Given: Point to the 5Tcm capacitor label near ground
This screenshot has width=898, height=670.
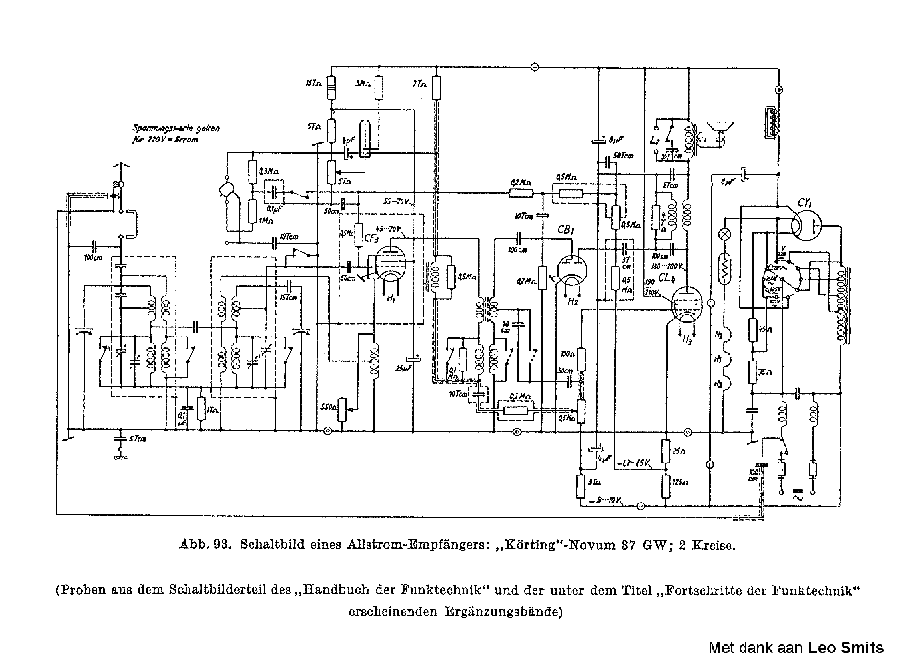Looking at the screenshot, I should (x=138, y=439).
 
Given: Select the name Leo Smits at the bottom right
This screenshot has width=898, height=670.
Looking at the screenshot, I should (x=845, y=648).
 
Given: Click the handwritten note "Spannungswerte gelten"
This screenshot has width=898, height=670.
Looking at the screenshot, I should (x=176, y=128).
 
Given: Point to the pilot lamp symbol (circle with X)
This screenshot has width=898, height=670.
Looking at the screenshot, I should (x=724, y=234).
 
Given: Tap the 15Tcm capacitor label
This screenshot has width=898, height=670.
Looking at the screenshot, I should (x=288, y=297).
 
